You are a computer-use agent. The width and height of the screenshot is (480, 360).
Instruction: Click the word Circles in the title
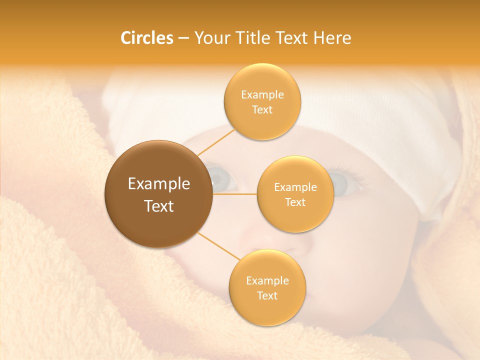tap(146, 38)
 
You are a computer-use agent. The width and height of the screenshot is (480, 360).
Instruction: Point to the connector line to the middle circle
tap(235, 193)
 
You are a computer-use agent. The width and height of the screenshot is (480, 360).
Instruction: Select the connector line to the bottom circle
tap(219, 246)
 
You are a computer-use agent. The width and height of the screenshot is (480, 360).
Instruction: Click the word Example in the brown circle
tap(159, 184)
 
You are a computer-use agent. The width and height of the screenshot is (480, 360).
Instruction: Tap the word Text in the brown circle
tap(159, 206)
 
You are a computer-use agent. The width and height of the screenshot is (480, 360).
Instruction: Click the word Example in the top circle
tap(262, 95)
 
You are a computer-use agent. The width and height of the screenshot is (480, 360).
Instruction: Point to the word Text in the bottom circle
tap(267, 295)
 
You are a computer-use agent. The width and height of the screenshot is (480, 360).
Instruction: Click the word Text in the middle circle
tap(295, 202)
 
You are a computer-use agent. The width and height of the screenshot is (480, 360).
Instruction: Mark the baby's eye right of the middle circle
tap(341, 184)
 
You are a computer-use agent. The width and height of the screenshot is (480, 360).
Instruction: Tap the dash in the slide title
tap(183, 38)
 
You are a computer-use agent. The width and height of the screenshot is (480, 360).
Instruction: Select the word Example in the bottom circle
tap(267, 280)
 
